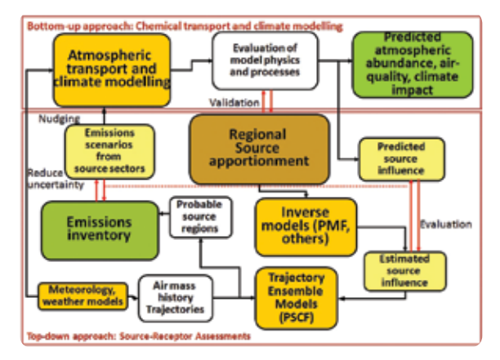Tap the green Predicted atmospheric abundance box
point(412,64)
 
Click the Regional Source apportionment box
point(260,148)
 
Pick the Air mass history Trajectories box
point(177,298)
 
